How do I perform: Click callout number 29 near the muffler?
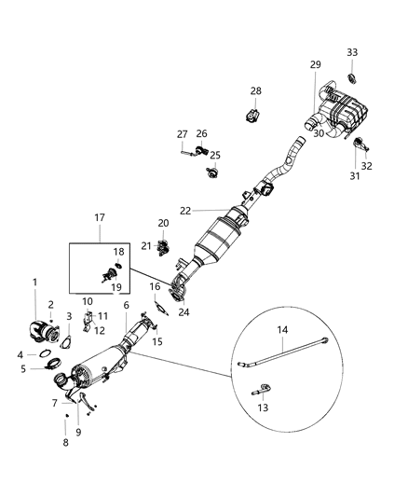[315, 63]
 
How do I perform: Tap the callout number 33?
[352, 51]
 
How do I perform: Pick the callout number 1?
[36, 282]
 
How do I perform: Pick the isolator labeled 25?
[211, 172]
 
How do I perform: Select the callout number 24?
[184, 311]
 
